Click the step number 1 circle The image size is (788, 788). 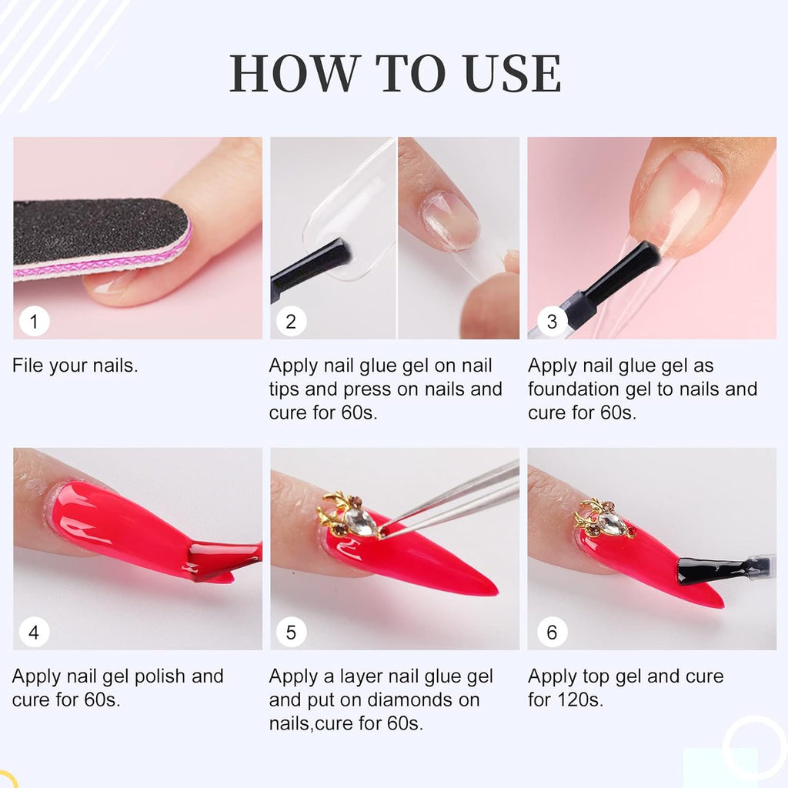(34, 321)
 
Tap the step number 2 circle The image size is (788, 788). (291, 321)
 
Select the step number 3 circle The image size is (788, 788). (551, 321)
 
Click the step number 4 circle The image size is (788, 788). (34, 632)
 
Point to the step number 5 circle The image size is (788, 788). (291, 632)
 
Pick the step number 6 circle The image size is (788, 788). (551, 632)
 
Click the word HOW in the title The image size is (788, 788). (295, 74)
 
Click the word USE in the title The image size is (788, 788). (510, 74)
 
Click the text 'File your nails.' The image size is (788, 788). (75, 366)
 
